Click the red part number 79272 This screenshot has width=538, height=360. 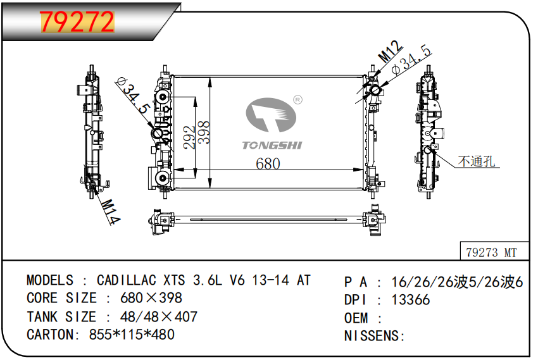pos(77,22)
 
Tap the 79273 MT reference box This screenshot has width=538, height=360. pos(494,251)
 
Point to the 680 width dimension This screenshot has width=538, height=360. pos(268,163)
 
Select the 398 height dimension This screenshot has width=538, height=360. pos(204,132)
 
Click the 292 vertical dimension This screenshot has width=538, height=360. pos(189,137)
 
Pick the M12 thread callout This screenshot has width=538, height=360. pos(390,51)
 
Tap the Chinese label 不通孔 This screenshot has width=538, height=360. pos(477,161)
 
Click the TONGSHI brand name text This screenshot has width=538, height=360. pos(272,145)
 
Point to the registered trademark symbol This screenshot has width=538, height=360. pos(297,100)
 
